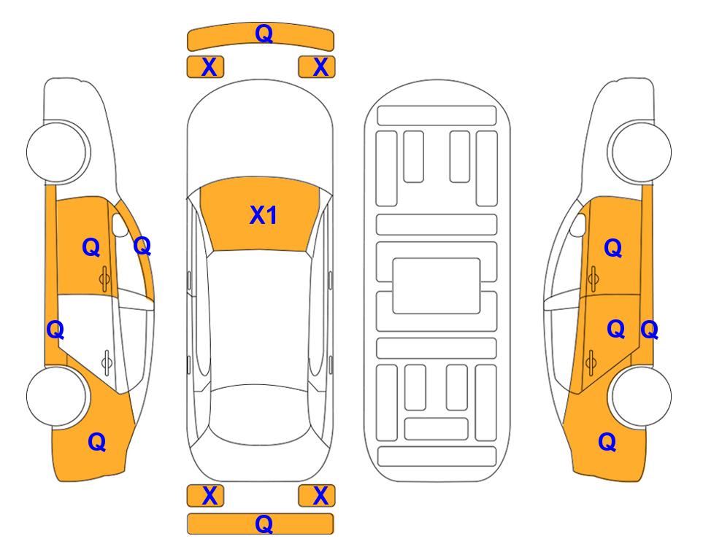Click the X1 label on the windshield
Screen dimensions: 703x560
tap(264, 215)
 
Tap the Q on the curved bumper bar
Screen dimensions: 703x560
tap(264, 33)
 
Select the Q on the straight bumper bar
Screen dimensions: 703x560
tap(264, 524)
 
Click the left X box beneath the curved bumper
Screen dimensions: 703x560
tap(205, 67)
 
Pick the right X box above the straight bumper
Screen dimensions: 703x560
tap(317, 496)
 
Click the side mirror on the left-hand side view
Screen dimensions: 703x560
tap(120, 225)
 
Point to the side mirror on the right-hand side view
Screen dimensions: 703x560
tap(578, 225)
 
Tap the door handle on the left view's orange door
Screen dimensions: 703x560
tap(104, 279)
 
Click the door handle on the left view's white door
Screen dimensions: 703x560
tap(107, 362)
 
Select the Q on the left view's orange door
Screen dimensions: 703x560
tap(91, 247)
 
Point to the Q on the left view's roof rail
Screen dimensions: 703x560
tap(142, 246)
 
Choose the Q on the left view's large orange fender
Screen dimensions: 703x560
tap(97, 442)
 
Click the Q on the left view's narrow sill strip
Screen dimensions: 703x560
tap(55, 330)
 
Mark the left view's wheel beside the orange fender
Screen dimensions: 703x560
tap(58, 396)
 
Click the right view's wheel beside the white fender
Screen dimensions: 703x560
tap(639, 152)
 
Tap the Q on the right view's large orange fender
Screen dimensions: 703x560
tap(607, 442)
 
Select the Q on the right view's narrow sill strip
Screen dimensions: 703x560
tap(649, 330)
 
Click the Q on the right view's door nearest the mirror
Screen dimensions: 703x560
tap(613, 248)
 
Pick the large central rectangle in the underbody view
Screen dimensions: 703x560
tap(437, 286)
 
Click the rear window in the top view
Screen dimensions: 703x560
tap(260, 414)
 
